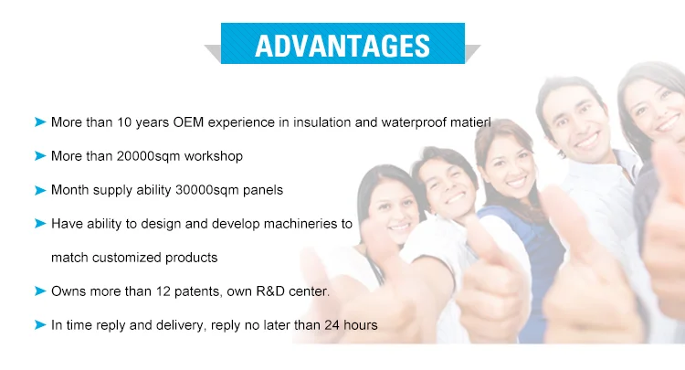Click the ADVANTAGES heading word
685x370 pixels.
coord(342,46)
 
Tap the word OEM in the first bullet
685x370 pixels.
coord(188,122)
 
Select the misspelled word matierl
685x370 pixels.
coord(470,122)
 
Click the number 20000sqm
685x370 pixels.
coord(149,156)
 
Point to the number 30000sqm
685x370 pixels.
coord(207,190)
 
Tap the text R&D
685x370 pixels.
coord(270,291)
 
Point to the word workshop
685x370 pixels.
coord(214,156)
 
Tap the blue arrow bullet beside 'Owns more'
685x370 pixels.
coord(40,291)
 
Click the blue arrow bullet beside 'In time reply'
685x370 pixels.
coord(40,324)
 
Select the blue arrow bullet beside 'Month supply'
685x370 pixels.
coord(40,190)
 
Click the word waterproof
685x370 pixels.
coord(414,122)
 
